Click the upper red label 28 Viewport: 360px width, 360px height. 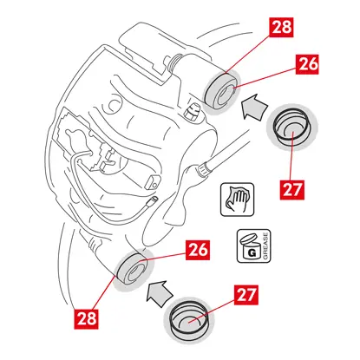point(281,27)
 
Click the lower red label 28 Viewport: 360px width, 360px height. point(87,318)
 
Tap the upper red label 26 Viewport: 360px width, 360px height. point(307,64)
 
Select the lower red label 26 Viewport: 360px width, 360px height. point(198,250)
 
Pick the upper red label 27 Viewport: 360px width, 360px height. point(292,190)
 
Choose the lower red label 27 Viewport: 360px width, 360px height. point(246,295)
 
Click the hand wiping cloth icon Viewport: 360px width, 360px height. point(238,200)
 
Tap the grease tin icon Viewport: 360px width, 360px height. point(253,246)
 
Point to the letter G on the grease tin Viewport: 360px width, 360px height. point(252,252)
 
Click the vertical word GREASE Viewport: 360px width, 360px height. point(266,246)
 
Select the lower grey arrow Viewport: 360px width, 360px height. point(160,293)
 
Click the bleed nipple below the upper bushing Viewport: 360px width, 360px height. point(191,112)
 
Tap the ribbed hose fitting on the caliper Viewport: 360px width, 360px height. point(204,168)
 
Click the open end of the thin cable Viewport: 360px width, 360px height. point(153,200)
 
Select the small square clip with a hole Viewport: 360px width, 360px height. point(153,181)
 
